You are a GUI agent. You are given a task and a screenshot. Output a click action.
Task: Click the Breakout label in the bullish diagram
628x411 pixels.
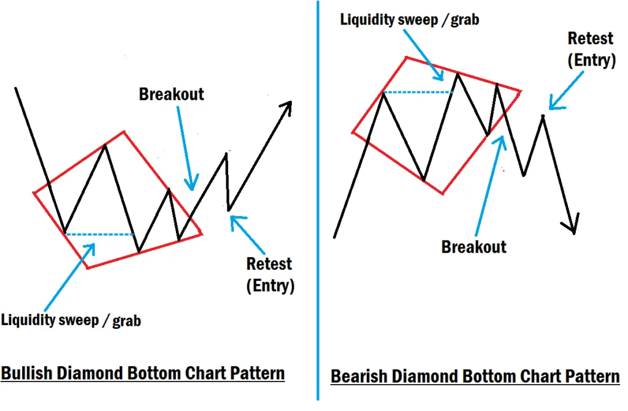(x=171, y=94)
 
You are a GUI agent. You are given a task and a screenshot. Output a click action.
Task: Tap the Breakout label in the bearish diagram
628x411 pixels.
(x=474, y=247)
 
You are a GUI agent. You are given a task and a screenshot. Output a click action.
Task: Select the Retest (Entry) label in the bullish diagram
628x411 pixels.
(x=269, y=275)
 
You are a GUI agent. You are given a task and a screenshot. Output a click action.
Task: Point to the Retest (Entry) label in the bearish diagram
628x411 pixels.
(x=591, y=49)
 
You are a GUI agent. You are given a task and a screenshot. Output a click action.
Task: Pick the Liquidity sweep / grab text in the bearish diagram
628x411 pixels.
(x=410, y=19)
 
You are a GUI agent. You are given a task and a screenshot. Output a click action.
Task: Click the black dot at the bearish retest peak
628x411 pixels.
(x=543, y=115)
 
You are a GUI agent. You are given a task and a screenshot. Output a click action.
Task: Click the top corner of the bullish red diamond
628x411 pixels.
(x=124, y=131)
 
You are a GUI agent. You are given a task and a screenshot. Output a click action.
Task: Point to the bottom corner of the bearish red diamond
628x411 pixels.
(x=443, y=194)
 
